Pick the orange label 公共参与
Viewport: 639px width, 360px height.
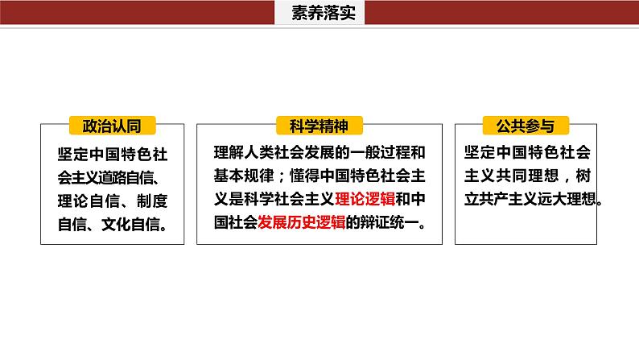point(525,126)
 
